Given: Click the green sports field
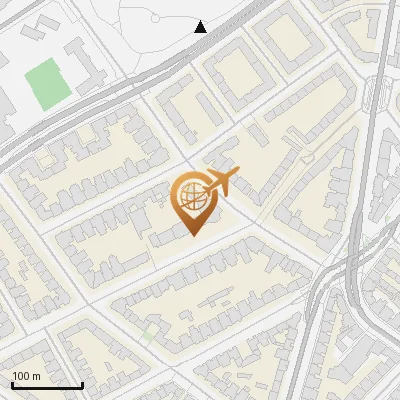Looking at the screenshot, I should [x=48, y=85].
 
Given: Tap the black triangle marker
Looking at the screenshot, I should [x=201, y=27].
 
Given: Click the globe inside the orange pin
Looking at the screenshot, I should [x=193, y=198].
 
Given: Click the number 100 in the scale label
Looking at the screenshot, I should [x=21, y=376].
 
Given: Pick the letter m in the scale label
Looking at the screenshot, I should [x=36, y=376].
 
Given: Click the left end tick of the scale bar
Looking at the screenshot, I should [x=12, y=384].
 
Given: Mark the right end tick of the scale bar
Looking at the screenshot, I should [x=82, y=384].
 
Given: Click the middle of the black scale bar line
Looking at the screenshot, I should [x=47, y=386].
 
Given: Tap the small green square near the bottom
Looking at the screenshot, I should [x=149, y=334].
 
